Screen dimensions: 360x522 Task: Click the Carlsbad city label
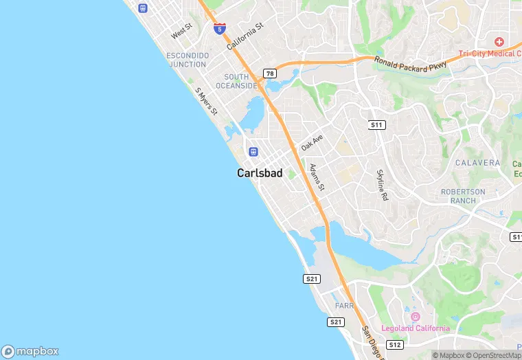coord(260,173)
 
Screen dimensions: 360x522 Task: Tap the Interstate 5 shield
coord(220,29)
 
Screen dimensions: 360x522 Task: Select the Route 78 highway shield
coord(270,74)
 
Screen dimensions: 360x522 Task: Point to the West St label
coord(182,32)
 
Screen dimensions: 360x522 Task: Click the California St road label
coord(245,36)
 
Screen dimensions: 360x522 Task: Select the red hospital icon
coord(499,42)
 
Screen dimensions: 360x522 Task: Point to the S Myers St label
coord(205,101)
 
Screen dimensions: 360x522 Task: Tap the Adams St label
coord(317,177)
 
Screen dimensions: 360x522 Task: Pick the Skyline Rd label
coord(382,185)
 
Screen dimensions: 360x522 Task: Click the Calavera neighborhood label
coord(477,163)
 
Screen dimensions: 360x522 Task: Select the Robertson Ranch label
coord(463,196)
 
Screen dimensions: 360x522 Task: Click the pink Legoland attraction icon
coord(415,317)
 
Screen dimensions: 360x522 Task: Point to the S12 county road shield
coord(394,344)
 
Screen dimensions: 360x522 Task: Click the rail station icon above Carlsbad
coord(253,151)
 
